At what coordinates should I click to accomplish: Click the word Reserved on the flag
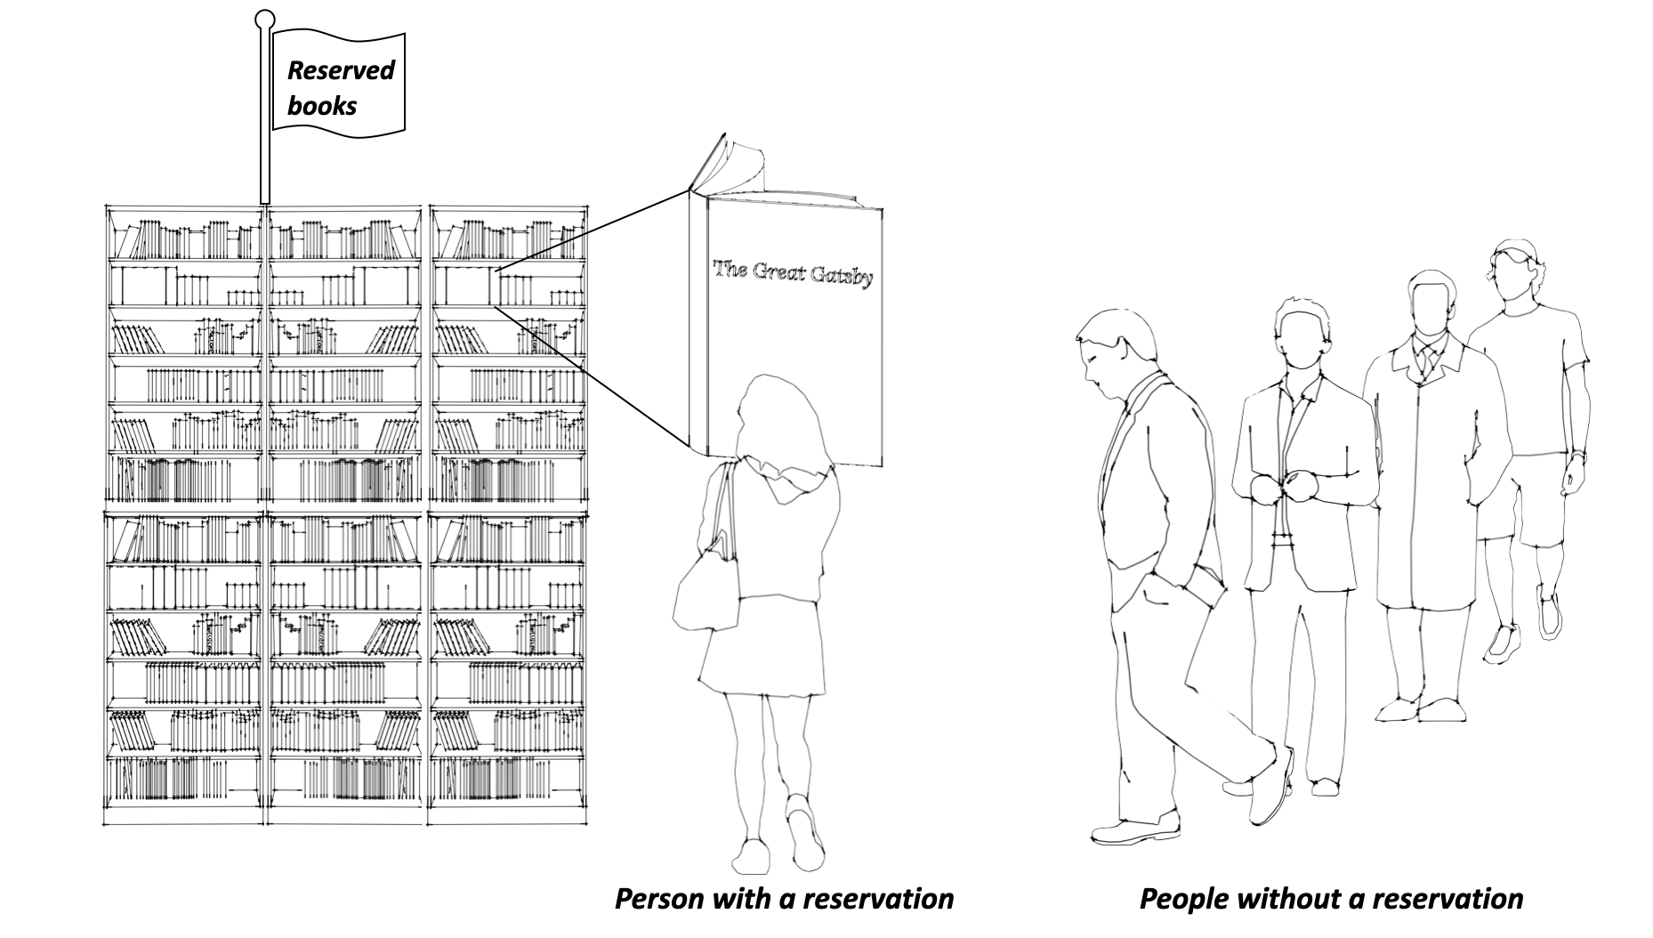coord(341,70)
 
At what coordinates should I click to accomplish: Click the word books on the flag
coord(322,106)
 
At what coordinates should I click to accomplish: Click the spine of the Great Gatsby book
coord(697,320)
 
